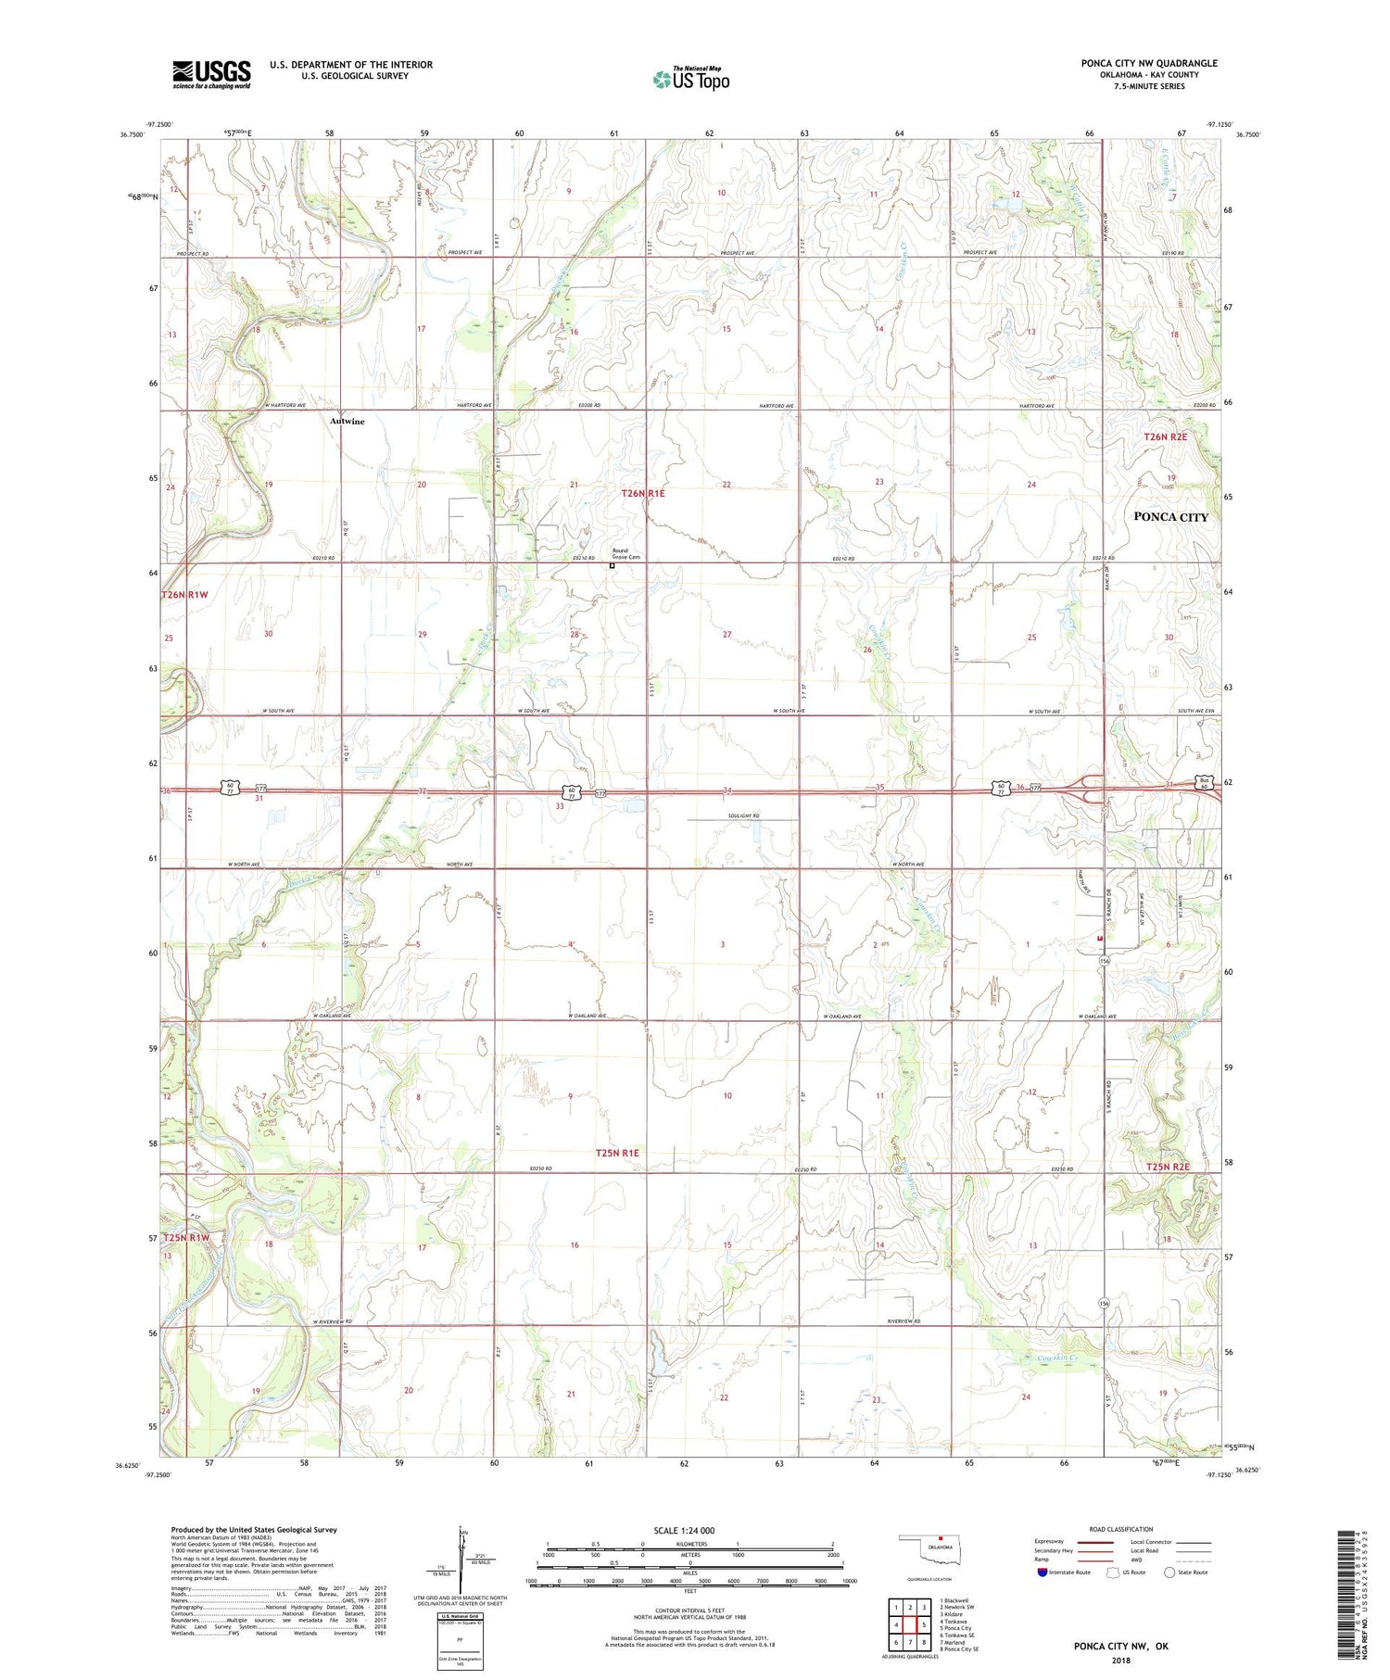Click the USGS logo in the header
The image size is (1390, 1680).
click(211, 74)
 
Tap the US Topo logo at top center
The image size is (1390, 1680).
click(690, 79)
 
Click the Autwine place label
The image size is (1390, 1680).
click(347, 422)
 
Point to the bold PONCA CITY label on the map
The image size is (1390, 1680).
click(1170, 517)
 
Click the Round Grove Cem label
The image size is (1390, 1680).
click(626, 554)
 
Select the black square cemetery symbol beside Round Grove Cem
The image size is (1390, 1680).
click(612, 565)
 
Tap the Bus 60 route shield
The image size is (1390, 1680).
click(1203, 780)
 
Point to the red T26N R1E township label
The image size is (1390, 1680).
click(643, 494)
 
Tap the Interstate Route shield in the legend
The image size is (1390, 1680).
click(1042, 1573)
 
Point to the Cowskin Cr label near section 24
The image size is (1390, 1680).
click(1058, 1358)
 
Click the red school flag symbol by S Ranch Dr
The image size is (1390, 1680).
click(1100, 939)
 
